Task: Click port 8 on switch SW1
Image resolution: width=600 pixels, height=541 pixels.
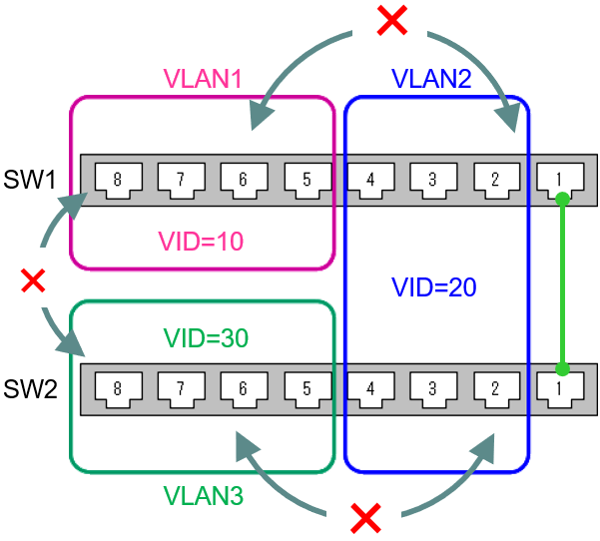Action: point(117,180)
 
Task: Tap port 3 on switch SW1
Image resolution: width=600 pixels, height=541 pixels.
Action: point(432,180)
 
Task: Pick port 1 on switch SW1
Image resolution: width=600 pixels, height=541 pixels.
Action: point(559,180)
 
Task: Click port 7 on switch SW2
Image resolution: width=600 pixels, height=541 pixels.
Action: point(180,388)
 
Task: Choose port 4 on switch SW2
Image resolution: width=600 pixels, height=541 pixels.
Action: point(369,388)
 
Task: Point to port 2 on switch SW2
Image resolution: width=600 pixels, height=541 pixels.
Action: point(495,388)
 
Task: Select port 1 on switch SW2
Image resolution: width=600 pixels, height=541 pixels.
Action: point(559,388)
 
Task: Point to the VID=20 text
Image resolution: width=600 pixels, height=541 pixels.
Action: point(434,287)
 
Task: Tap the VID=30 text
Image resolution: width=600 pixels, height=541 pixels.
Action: point(206,337)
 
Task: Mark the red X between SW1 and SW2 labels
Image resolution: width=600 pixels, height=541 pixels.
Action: point(33,281)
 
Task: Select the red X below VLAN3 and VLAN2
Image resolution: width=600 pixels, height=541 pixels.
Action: point(367,517)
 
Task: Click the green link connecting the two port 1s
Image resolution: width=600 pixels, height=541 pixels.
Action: point(562,284)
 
